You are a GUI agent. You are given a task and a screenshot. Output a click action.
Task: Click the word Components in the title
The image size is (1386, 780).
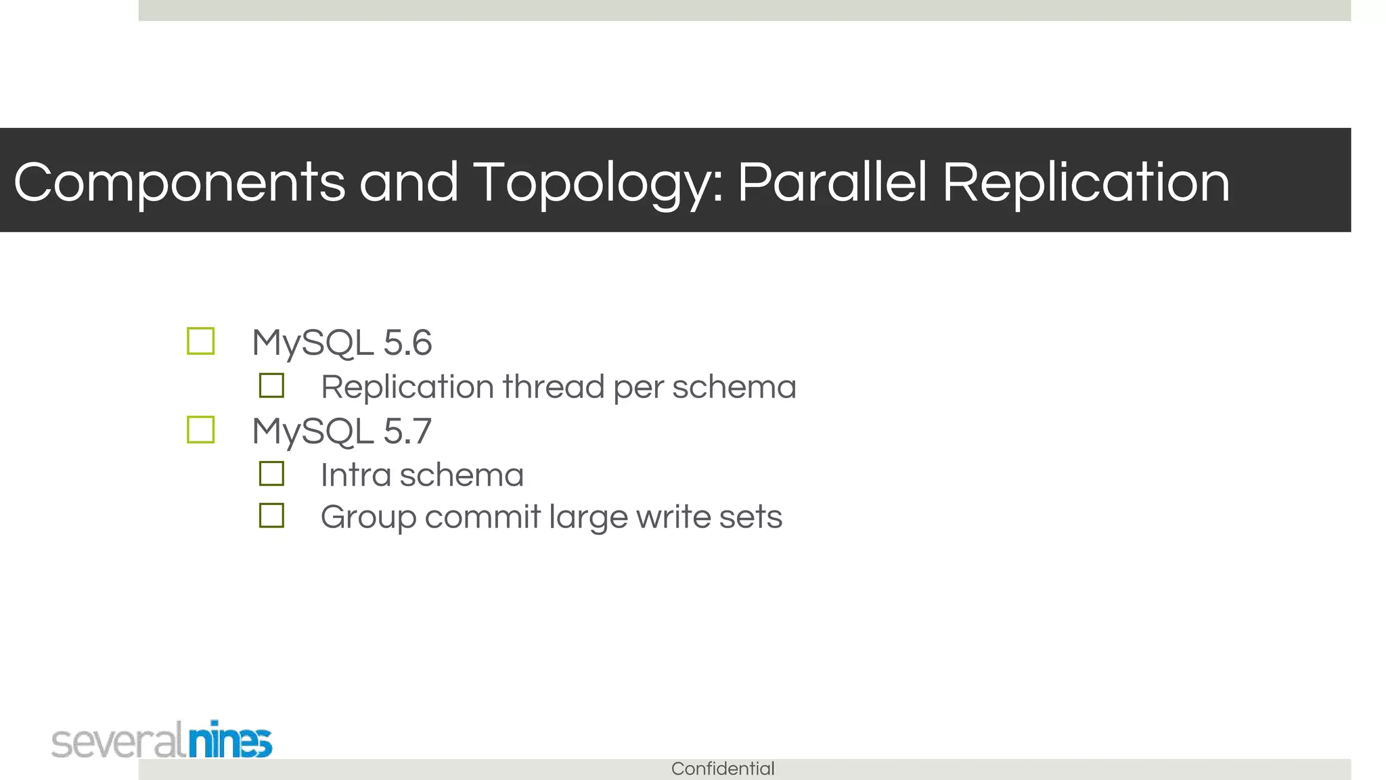click(x=179, y=182)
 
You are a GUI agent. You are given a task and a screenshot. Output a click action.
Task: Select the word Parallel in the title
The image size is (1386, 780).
click(x=831, y=182)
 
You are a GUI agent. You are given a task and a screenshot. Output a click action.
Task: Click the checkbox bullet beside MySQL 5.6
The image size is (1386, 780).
click(x=201, y=341)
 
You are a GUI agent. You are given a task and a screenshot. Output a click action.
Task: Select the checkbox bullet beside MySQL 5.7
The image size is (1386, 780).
click(x=201, y=430)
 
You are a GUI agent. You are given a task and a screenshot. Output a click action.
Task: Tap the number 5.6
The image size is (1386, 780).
click(x=407, y=343)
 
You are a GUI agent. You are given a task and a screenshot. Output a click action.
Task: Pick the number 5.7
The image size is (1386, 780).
click(x=407, y=431)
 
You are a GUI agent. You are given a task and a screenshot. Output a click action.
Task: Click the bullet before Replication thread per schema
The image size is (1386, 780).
click(x=271, y=386)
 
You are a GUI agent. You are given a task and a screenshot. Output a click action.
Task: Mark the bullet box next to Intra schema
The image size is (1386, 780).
click(x=271, y=474)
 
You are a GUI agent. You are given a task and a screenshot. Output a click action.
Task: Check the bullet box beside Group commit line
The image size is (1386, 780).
click(x=271, y=516)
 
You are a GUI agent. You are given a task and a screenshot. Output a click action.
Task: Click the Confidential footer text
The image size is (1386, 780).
click(x=723, y=768)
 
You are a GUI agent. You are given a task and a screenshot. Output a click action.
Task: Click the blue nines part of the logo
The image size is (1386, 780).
click(x=230, y=741)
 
